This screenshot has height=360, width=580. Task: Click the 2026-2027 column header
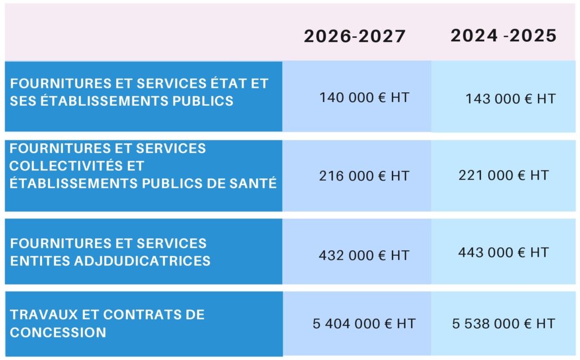pos(355,36)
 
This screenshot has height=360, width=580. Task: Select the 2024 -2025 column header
pos(504,36)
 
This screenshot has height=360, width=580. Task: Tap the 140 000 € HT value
pos(364,97)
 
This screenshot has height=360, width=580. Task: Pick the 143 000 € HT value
pos(510,98)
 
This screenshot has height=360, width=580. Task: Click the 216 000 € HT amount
pos(364,176)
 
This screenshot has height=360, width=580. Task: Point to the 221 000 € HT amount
pos(504,175)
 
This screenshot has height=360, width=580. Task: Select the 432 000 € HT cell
pos(364,255)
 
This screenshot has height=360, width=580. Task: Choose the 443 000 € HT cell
pos(504,252)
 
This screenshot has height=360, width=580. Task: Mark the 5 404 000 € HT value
pos(364,324)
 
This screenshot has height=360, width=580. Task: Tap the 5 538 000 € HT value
pos(504,324)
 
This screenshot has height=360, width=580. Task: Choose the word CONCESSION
pos(58,332)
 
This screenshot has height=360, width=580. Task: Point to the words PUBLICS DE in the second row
pos(190,183)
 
